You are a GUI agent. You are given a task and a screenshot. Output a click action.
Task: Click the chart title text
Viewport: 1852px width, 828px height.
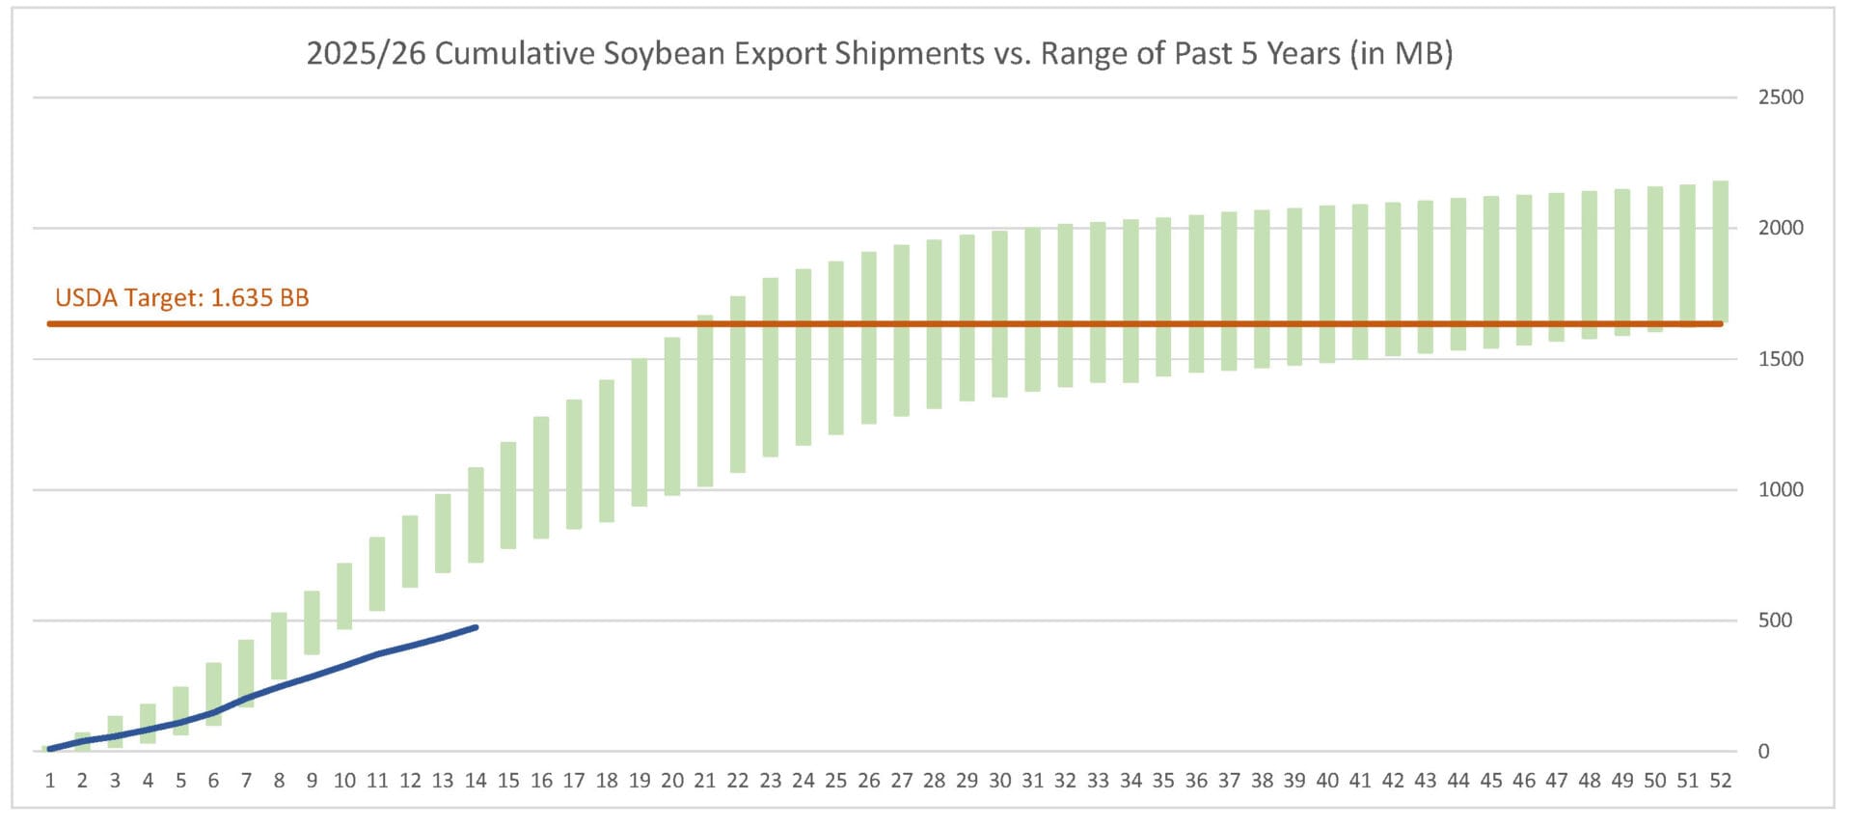[x=879, y=53]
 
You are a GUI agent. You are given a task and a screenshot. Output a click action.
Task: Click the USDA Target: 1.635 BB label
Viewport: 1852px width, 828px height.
[x=182, y=297]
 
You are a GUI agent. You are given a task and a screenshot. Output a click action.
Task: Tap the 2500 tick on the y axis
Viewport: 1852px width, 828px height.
[x=1780, y=97]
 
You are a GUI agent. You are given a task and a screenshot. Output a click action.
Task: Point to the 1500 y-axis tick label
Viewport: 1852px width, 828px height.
[x=1780, y=359]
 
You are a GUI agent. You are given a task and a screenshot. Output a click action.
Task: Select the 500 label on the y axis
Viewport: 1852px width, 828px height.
[x=1775, y=621]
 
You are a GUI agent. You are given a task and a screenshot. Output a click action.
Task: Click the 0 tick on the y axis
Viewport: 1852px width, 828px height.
[x=1763, y=752]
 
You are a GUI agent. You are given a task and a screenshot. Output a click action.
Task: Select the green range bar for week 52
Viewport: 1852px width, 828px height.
[x=1720, y=251]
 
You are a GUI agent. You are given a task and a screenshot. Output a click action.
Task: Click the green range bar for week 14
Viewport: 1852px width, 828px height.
[x=476, y=514]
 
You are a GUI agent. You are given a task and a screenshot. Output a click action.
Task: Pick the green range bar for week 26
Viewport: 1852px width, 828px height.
[x=869, y=338]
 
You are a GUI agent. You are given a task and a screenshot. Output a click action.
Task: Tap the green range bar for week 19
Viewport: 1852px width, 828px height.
[x=640, y=432]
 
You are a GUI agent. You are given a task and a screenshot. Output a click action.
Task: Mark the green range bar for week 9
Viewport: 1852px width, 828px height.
[x=312, y=622]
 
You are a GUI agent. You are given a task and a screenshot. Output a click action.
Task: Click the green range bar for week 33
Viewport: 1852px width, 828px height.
[x=1098, y=302]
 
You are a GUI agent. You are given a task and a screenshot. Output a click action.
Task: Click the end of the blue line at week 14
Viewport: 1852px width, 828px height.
[x=476, y=627]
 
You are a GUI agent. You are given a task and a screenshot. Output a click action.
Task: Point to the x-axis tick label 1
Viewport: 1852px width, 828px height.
[x=50, y=781]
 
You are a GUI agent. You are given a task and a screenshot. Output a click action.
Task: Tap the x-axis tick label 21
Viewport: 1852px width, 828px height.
[x=705, y=781]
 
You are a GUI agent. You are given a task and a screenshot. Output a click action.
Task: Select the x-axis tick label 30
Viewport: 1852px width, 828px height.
[x=999, y=781]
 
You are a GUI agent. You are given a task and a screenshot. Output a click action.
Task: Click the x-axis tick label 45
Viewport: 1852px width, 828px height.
[x=1491, y=781]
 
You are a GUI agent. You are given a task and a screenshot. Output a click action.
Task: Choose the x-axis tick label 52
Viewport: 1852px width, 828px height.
[x=1720, y=781]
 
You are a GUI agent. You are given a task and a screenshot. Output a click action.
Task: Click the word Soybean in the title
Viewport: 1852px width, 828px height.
[x=665, y=53]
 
